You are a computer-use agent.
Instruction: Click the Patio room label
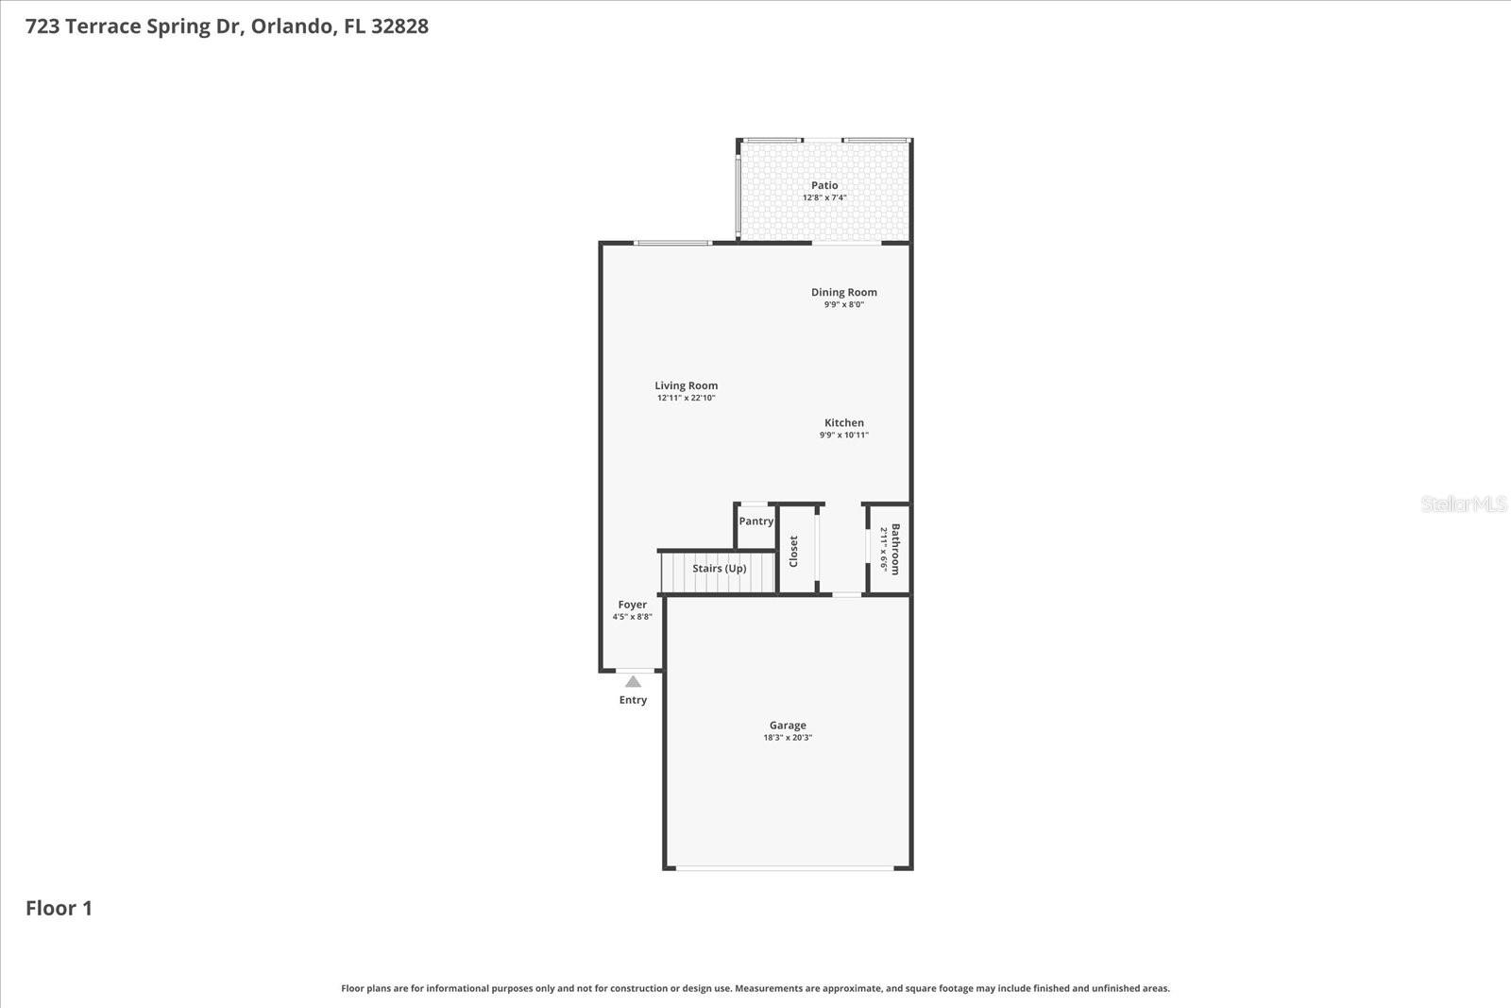coord(824,185)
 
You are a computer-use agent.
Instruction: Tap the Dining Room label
coord(843,292)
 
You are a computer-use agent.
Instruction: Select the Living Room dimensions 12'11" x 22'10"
coord(687,398)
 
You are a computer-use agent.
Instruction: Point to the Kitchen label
coord(843,422)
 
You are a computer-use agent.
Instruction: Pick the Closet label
coord(793,551)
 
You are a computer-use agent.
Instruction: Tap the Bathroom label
coord(895,549)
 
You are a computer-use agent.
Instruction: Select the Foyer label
coord(633,605)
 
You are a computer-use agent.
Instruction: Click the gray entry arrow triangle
coord(633,681)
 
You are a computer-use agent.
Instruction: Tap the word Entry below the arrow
coord(633,700)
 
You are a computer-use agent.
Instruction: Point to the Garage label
coord(788,725)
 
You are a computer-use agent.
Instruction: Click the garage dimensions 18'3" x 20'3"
coord(788,738)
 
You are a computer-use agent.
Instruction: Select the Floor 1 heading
coord(59,908)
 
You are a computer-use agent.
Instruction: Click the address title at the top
coord(227,26)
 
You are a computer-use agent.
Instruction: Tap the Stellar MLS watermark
coord(1463,504)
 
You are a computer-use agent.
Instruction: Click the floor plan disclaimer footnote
coord(755,988)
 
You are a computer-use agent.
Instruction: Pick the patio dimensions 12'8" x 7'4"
coord(824,197)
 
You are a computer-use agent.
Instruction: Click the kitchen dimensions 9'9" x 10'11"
coord(843,435)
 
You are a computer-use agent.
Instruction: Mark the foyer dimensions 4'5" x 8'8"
coord(633,617)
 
